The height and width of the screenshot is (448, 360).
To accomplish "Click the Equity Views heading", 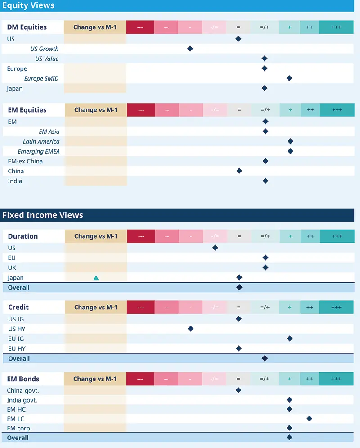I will tap(28, 6).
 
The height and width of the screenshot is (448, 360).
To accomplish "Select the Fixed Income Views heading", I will tap(43, 215).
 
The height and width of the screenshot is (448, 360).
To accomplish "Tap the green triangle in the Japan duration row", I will tap(96, 278).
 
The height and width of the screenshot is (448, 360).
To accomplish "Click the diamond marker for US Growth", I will tap(190, 49).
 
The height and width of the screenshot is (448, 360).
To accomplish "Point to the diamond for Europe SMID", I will tap(289, 78).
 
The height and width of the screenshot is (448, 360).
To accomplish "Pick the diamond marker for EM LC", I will tap(310, 418).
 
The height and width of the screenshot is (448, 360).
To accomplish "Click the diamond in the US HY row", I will tap(190, 329).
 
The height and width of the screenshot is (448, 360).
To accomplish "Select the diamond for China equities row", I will tap(239, 171).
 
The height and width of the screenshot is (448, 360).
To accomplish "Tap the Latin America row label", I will tap(41, 141).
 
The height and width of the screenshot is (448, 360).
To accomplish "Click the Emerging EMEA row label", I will tap(39, 151).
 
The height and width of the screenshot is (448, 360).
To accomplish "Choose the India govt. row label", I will tap(22, 400).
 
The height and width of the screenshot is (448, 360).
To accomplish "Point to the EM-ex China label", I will tap(25, 161).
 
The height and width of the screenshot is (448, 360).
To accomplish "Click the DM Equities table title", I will tap(27, 27).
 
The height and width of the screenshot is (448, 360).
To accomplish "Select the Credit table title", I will tap(18, 307).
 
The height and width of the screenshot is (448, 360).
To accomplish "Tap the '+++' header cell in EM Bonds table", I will tap(336, 379).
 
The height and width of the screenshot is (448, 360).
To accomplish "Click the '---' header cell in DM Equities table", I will tap(140, 27).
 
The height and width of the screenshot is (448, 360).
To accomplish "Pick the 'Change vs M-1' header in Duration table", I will tap(95, 236).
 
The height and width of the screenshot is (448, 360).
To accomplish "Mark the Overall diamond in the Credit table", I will tap(265, 358).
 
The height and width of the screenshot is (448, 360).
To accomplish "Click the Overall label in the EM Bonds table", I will tap(18, 438).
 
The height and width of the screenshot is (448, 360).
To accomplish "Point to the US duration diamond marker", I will tap(215, 248).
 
